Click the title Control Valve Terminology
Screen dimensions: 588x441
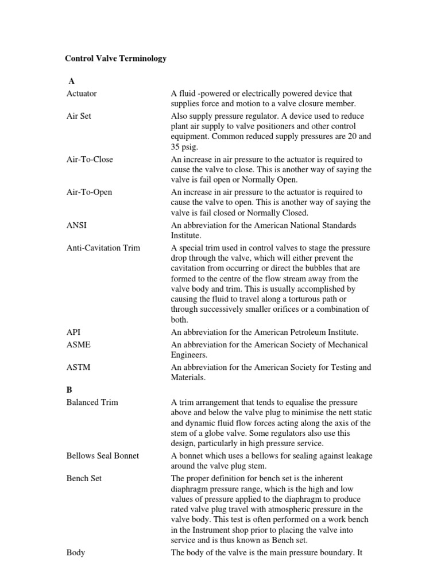point(115,59)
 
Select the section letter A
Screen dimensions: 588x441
point(71,82)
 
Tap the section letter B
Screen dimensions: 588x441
point(69,389)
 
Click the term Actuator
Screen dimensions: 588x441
point(82,93)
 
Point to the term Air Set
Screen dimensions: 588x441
point(79,115)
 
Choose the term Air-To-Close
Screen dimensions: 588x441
point(90,159)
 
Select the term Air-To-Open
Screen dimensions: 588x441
point(89,192)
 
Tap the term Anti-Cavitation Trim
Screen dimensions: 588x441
point(103,247)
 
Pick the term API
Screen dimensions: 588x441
point(73,332)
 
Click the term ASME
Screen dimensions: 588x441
point(78,345)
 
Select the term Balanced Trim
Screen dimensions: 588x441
point(92,402)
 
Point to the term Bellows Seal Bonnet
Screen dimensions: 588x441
point(103,455)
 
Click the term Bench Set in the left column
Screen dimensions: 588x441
point(84,478)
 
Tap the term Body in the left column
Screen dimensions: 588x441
point(76,552)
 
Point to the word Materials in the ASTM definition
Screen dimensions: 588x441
point(188,378)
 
